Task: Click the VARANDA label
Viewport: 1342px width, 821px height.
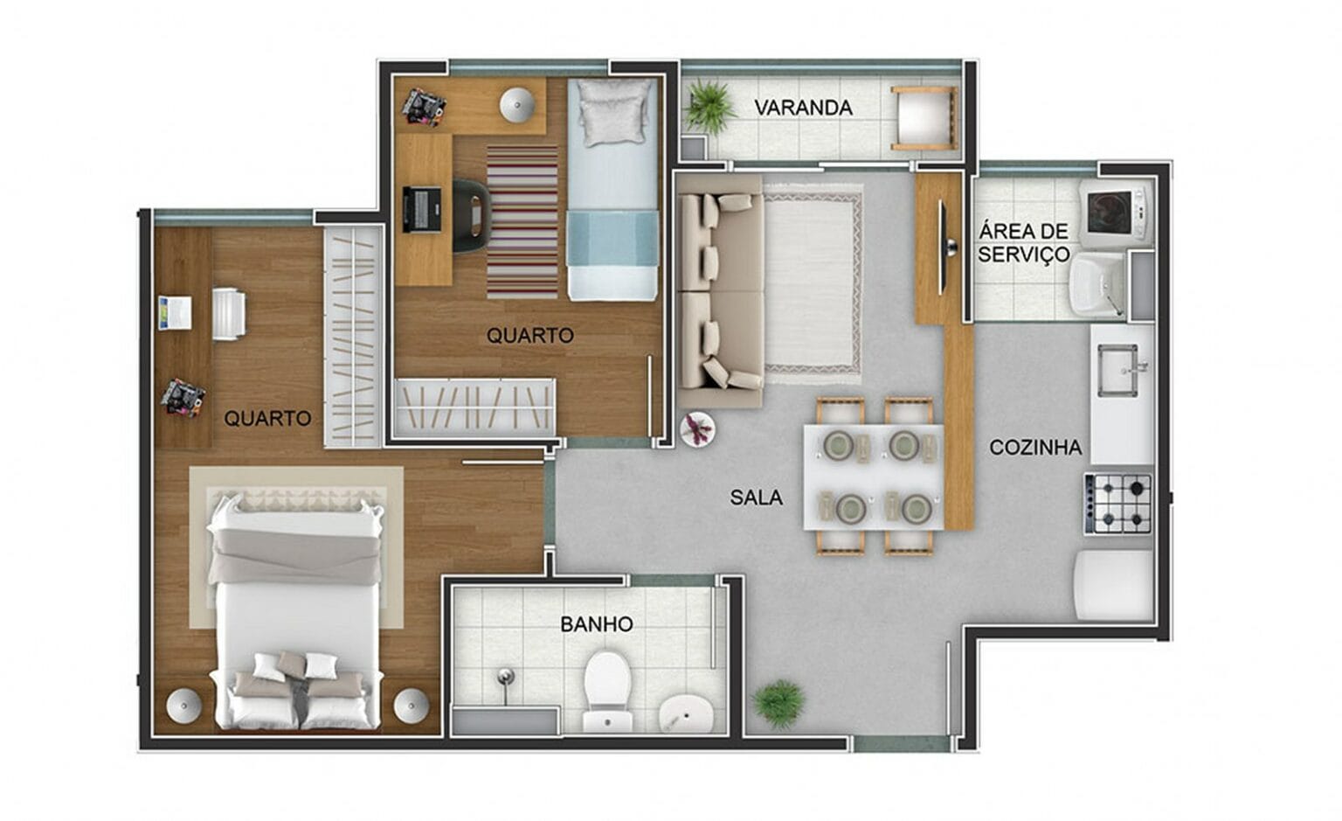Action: point(803,108)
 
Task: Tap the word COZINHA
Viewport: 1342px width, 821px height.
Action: point(1034,448)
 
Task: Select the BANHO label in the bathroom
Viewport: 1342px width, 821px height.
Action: point(597,624)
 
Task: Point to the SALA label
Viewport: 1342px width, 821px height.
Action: point(756,497)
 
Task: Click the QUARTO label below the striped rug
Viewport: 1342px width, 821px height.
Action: point(529,335)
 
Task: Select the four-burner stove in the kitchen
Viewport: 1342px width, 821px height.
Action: point(1119,504)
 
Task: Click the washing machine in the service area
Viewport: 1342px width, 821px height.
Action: point(1116,211)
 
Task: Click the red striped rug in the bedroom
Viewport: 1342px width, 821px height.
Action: point(522,222)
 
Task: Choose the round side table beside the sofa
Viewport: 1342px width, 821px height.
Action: point(697,429)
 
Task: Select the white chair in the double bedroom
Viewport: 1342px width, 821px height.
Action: point(229,314)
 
